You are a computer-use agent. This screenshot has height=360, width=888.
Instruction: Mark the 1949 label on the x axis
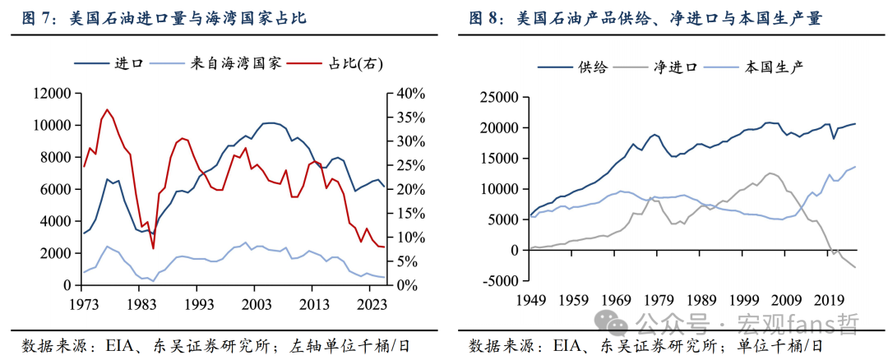[530, 300]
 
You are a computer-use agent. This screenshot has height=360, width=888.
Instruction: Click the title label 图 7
[30, 18]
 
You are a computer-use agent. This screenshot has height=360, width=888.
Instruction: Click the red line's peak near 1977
[107, 109]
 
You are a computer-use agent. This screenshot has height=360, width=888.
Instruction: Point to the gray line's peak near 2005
[770, 173]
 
